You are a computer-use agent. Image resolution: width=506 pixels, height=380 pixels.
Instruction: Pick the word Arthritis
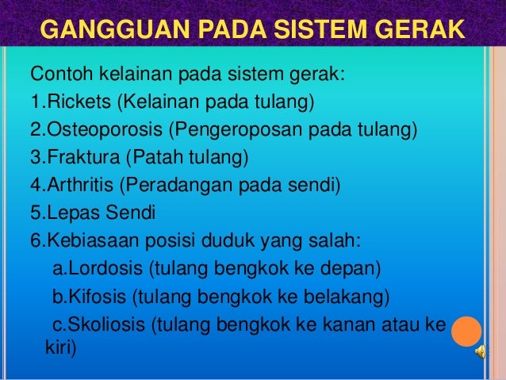[x=78, y=186]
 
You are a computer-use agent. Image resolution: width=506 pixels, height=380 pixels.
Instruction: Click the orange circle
[x=466, y=330]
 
